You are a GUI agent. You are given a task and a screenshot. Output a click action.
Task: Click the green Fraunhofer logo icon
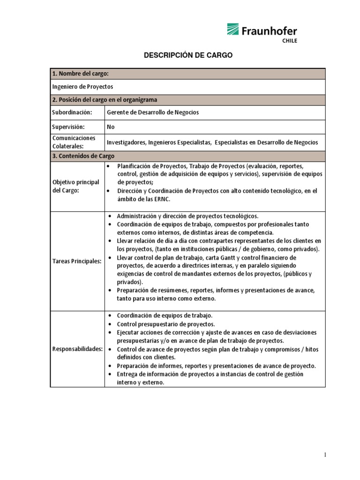(x=233, y=30)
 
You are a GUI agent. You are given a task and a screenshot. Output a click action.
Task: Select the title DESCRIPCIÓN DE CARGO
(x=187, y=55)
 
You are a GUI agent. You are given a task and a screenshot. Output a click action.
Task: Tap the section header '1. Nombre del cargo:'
(x=80, y=74)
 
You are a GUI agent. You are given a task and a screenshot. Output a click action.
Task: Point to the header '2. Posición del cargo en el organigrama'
(x=105, y=99)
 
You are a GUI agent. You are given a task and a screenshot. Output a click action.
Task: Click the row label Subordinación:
(x=72, y=112)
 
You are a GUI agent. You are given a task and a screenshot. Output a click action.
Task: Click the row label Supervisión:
(x=68, y=127)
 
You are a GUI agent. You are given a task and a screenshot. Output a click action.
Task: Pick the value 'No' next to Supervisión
(x=111, y=127)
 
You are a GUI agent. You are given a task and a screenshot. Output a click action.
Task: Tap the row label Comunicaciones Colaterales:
(x=74, y=142)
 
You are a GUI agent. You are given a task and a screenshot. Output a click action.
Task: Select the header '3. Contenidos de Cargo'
(x=83, y=156)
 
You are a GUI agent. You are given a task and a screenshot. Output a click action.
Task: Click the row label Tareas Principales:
(x=77, y=261)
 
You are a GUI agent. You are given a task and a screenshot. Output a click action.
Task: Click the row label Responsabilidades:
(x=77, y=349)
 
